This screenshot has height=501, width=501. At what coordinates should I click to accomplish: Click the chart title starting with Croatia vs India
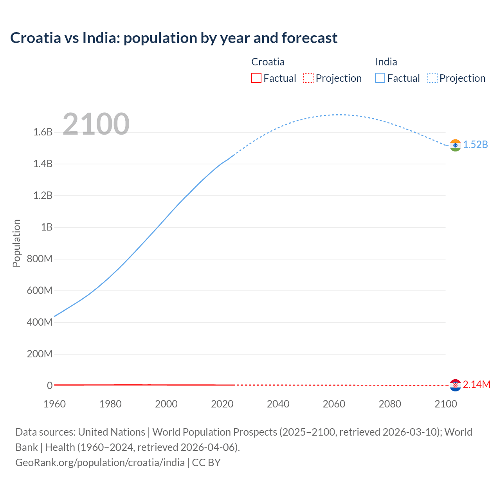point(174,38)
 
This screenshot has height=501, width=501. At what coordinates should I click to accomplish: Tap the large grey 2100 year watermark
point(96,124)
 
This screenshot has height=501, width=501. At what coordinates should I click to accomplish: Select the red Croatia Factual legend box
point(256,78)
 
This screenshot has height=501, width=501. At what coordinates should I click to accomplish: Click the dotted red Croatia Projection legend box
point(308,78)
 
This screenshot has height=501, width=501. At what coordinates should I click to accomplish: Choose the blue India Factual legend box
point(380,78)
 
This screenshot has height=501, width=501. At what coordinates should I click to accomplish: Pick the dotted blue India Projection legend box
point(432,78)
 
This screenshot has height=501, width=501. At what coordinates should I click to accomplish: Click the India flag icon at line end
point(455,145)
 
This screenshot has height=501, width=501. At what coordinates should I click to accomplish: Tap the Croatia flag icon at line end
point(455,385)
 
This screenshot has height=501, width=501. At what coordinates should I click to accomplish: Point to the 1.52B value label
point(476,145)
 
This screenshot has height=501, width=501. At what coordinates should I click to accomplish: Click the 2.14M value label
point(477,385)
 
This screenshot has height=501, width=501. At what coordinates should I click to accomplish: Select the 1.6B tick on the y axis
point(43,132)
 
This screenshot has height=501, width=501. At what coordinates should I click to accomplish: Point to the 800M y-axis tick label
point(40,259)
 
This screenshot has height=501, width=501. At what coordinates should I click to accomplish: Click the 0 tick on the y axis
point(50,386)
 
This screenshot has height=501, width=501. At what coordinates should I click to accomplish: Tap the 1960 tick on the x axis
point(55,404)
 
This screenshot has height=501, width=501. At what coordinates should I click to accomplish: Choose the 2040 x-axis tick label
point(278,404)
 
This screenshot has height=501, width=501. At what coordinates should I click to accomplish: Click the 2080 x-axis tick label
point(390,404)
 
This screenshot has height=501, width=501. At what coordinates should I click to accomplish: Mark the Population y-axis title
point(16,243)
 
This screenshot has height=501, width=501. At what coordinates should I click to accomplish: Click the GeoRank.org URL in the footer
point(100,463)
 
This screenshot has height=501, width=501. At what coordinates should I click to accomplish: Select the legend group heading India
point(386,62)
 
